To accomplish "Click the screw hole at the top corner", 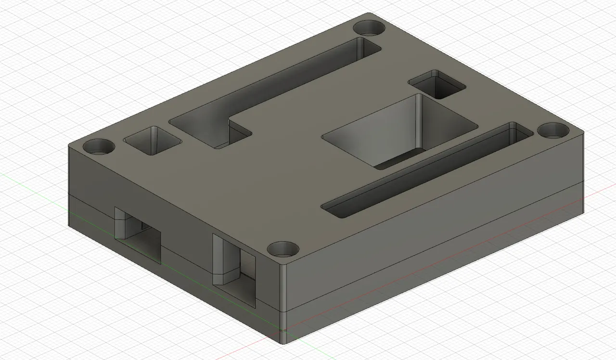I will coord(369,27).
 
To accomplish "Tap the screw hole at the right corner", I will coord(553,130).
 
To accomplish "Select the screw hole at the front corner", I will coord(283,249).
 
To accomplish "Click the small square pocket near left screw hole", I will coord(153,140).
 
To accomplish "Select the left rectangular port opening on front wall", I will coord(140,233).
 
